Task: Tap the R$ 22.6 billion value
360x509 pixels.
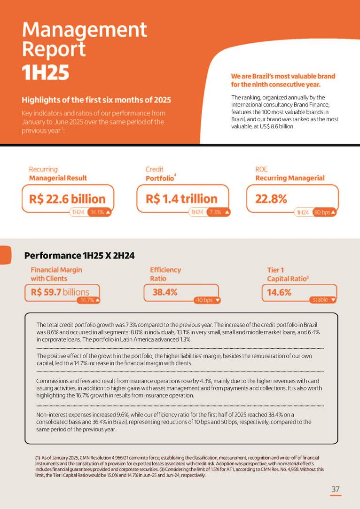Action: (x=67, y=199)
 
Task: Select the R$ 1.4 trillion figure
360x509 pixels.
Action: (x=181, y=199)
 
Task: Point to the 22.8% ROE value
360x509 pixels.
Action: (x=271, y=199)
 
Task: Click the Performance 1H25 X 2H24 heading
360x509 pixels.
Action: (x=79, y=256)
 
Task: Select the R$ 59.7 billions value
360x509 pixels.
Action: (x=60, y=292)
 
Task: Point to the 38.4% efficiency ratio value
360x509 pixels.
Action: (x=165, y=292)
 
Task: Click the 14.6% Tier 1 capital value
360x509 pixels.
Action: (x=279, y=292)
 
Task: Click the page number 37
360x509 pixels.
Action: (x=335, y=489)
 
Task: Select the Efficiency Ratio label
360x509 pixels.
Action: (x=165, y=274)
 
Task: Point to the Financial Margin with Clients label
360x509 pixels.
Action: (x=56, y=274)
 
